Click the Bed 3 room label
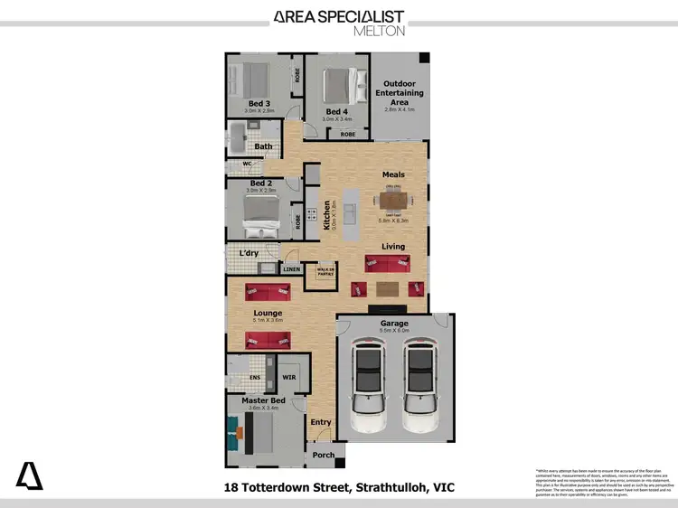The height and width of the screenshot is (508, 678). click(x=259, y=104)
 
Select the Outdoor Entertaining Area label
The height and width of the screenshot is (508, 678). click(x=399, y=92)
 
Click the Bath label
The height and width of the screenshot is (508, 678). click(x=263, y=146)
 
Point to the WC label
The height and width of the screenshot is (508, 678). click(x=246, y=164)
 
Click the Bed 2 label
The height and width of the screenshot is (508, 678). click(x=259, y=183)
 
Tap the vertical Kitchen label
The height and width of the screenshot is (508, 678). click(x=327, y=215)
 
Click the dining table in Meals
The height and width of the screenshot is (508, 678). click(x=394, y=201)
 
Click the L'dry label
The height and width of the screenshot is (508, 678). click(x=249, y=253)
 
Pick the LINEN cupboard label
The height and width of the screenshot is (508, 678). click(x=291, y=269)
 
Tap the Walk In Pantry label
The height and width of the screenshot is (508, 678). click(x=325, y=271)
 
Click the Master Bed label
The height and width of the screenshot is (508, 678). click(x=263, y=400)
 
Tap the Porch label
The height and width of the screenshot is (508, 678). click(x=324, y=455)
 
